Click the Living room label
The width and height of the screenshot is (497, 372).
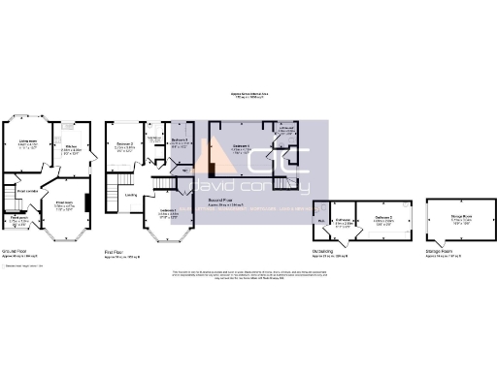pos(28,145)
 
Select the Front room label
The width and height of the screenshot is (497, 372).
pos(64,205)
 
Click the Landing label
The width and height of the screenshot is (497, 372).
pos(129,194)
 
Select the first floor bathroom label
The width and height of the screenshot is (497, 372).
pos(153,139)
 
